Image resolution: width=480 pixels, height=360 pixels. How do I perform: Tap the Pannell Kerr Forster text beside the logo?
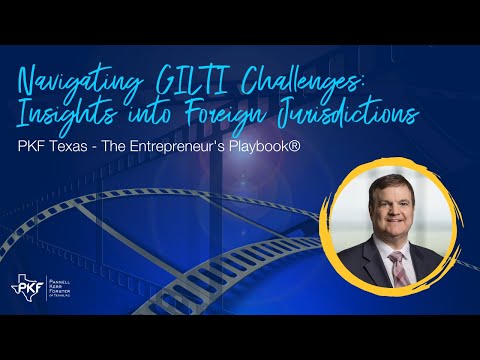tap(62, 290)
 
